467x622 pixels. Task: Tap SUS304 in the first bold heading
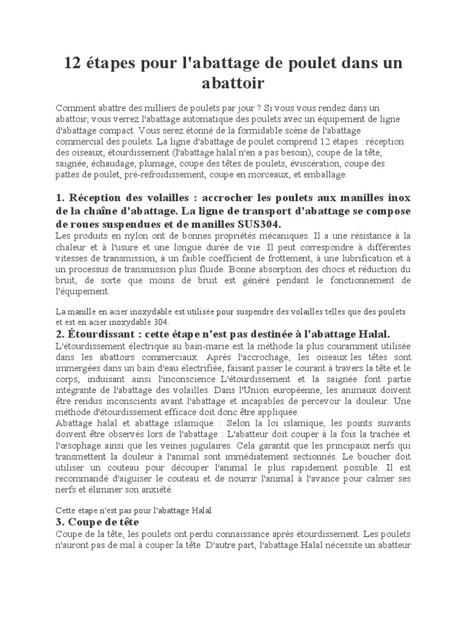pyautogui.click(x=254, y=224)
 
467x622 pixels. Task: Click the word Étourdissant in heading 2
pyautogui.click(x=95, y=333)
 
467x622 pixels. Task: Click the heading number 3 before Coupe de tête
pyautogui.click(x=59, y=522)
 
